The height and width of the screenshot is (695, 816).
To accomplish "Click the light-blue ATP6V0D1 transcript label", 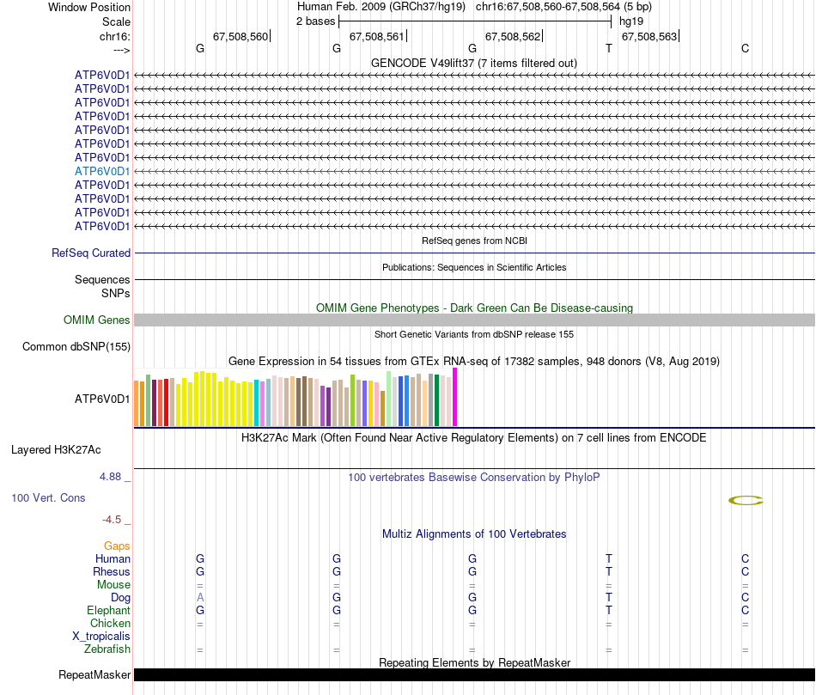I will point(102,171).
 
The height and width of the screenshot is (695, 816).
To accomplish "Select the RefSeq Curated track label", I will point(91,253).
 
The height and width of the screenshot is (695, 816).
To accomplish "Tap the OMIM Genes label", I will point(97,320).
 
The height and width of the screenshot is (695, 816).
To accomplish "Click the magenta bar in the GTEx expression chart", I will point(455,397).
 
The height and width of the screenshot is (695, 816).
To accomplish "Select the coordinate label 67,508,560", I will point(241,37).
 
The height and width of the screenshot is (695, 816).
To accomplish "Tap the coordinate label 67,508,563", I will point(649,37).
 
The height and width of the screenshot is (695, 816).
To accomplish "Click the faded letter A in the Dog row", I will point(200,597).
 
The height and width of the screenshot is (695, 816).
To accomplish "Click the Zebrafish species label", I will point(107,649).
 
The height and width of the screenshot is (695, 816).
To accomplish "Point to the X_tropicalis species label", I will point(101,637).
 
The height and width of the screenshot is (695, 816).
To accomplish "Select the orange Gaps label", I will point(117,546).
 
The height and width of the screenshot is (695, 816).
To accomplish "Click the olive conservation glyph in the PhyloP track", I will point(746,500).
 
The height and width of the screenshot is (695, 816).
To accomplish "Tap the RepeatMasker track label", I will point(94,675).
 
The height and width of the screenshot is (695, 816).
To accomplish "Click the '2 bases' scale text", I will point(316,21).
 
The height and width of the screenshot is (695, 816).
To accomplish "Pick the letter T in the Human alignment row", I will point(609,559).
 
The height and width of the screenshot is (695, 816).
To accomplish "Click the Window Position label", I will point(89,7).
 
